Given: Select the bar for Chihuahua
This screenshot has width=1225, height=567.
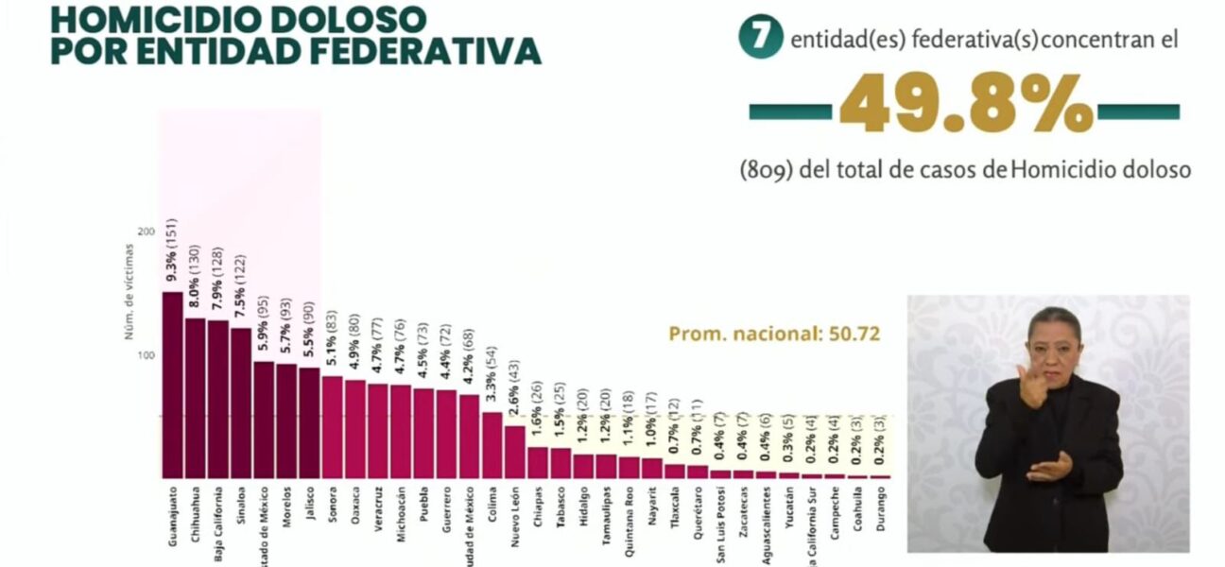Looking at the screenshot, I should click(195, 398).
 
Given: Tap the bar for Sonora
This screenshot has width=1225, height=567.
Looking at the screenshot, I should click(332, 427).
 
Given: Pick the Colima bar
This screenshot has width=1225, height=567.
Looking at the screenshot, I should click(492, 445).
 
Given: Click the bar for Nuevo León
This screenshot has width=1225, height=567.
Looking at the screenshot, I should click(514, 452).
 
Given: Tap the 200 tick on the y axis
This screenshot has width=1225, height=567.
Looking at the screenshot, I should click(146, 232).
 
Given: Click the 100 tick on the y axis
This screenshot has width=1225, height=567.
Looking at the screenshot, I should click(146, 355).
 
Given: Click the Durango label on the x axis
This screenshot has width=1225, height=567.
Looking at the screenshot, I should click(881, 511).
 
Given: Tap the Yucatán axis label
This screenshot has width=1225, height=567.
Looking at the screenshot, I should click(789, 510).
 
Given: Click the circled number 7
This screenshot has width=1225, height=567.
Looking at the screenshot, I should click(760, 37).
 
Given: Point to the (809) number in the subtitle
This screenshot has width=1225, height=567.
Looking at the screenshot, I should click(767, 170).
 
